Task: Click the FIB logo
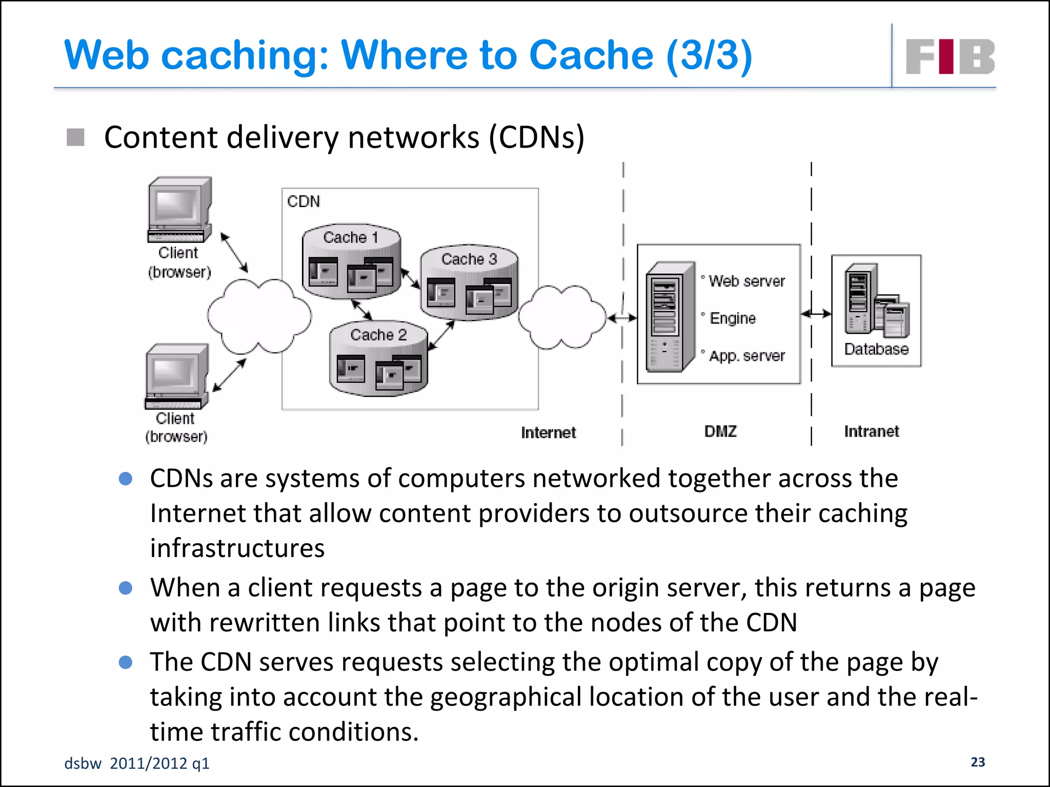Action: [950, 56]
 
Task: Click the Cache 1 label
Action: [351, 237]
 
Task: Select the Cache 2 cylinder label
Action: [378, 335]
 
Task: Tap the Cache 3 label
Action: [469, 259]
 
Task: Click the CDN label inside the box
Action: [304, 201]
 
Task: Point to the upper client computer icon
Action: [179, 210]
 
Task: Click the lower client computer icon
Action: [177, 376]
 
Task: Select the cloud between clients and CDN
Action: [259, 316]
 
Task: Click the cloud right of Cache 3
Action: [562, 317]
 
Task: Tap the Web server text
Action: [746, 281]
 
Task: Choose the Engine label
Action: [733, 318]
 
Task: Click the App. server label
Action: [746, 356]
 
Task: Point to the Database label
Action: [876, 349]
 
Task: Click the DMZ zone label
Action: [720, 431]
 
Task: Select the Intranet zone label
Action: [872, 431]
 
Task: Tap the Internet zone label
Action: [548, 432]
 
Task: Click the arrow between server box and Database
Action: [816, 314]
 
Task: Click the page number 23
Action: [978, 762]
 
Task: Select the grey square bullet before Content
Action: [75, 137]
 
